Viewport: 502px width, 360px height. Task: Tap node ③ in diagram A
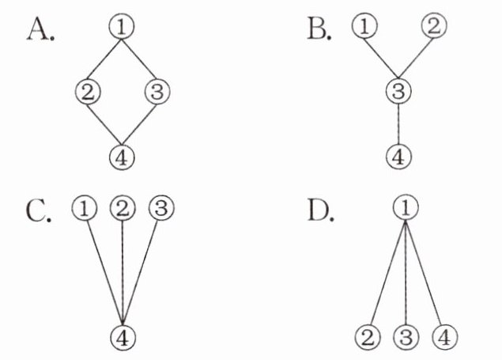pos(157,92)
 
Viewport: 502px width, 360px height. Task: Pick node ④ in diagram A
pos(122,156)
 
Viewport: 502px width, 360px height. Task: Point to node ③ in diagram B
pos(400,92)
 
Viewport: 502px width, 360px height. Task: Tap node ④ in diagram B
pos(400,156)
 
